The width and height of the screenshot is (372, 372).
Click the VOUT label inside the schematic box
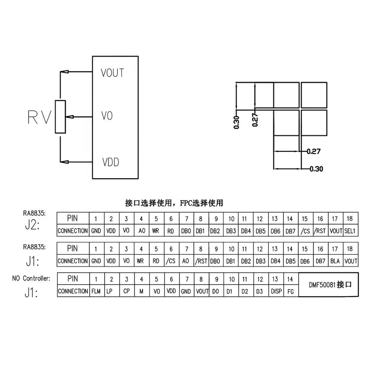tap(112, 73)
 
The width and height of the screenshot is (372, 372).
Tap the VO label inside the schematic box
tap(107, 116)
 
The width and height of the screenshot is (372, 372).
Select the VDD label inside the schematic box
tap(110, 163)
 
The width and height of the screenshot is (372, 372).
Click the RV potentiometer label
tap(39, 117)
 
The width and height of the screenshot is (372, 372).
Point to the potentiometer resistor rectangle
tap(60, 116)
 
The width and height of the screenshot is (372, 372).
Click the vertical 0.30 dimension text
tap(237, 122)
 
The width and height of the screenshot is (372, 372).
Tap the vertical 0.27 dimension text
tap(255, 120)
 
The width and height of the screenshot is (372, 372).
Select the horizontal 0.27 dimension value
tap(313, 151)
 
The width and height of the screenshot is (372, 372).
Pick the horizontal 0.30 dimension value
tap(316, 169)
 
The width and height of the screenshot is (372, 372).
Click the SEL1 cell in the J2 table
tap(350, 231)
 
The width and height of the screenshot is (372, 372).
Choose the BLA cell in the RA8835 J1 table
tap(335, 261)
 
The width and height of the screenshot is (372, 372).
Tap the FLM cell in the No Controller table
tap(96, 291)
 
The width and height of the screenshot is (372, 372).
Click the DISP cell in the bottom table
tap(275, 291)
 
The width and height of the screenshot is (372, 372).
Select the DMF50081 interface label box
tap(328, 285)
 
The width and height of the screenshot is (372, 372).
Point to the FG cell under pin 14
tap(291, 292)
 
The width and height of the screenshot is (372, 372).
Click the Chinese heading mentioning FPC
tap(174, 203)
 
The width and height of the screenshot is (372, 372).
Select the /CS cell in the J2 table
tap(305, 231)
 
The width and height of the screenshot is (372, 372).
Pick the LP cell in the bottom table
tap(109, 291)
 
